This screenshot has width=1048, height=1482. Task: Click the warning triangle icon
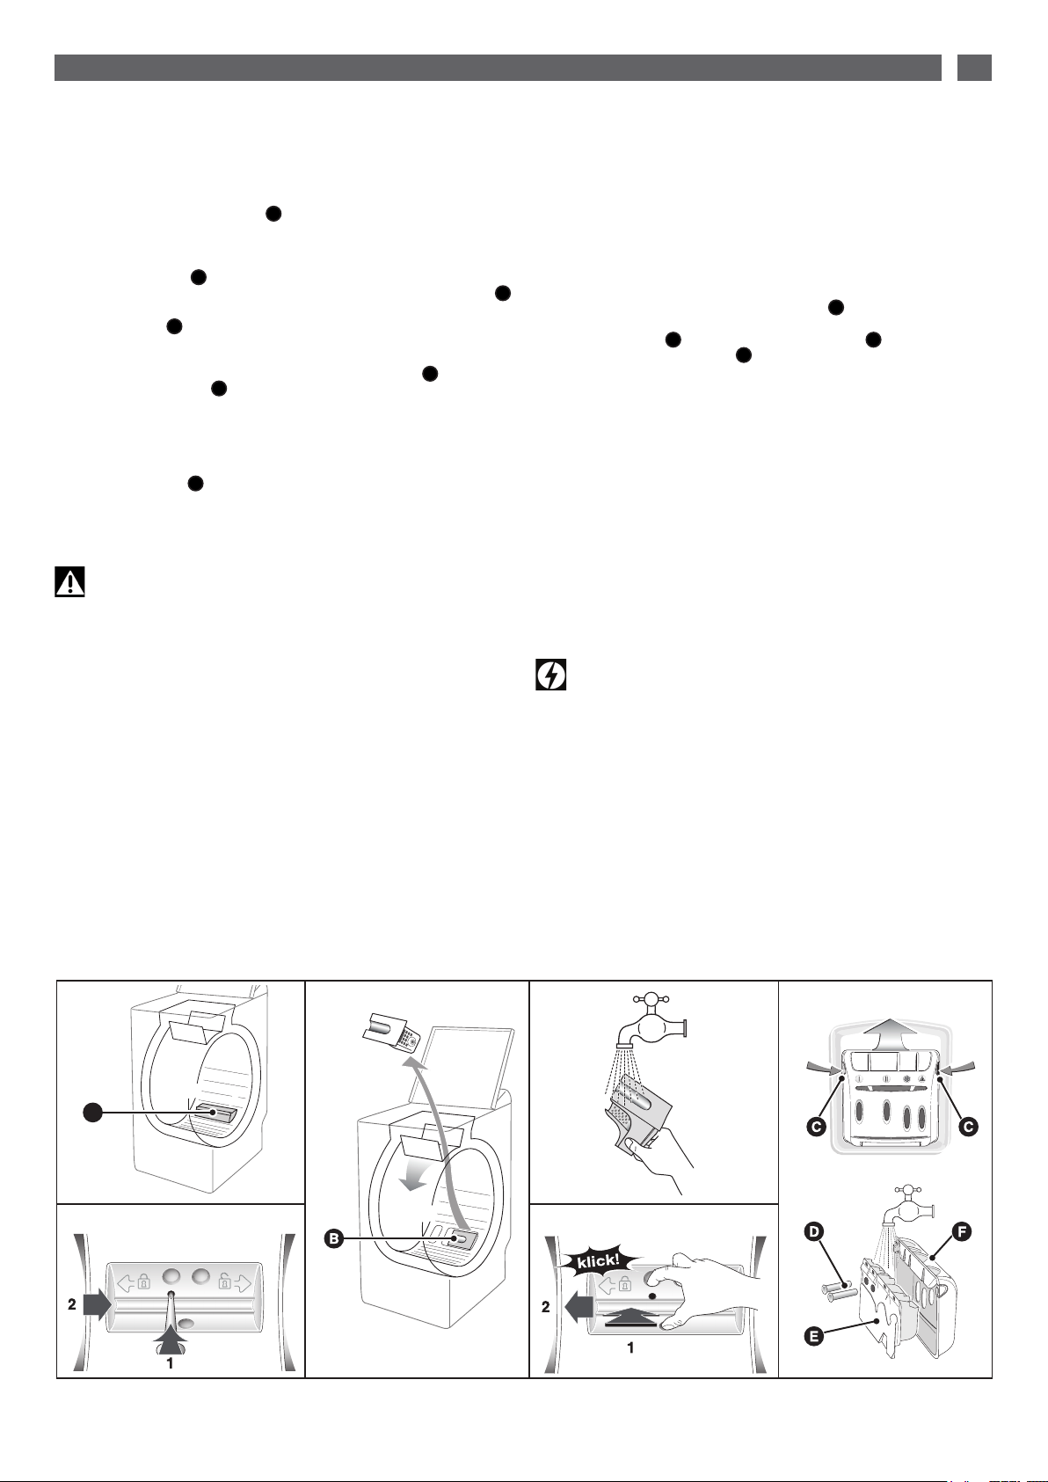[69, 582]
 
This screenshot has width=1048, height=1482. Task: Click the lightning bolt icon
[550, 675]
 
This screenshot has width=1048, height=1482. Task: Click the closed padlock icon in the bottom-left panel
[143, 1281]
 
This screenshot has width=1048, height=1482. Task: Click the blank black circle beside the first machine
[93, 1113]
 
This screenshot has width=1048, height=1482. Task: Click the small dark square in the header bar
[974, 68]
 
